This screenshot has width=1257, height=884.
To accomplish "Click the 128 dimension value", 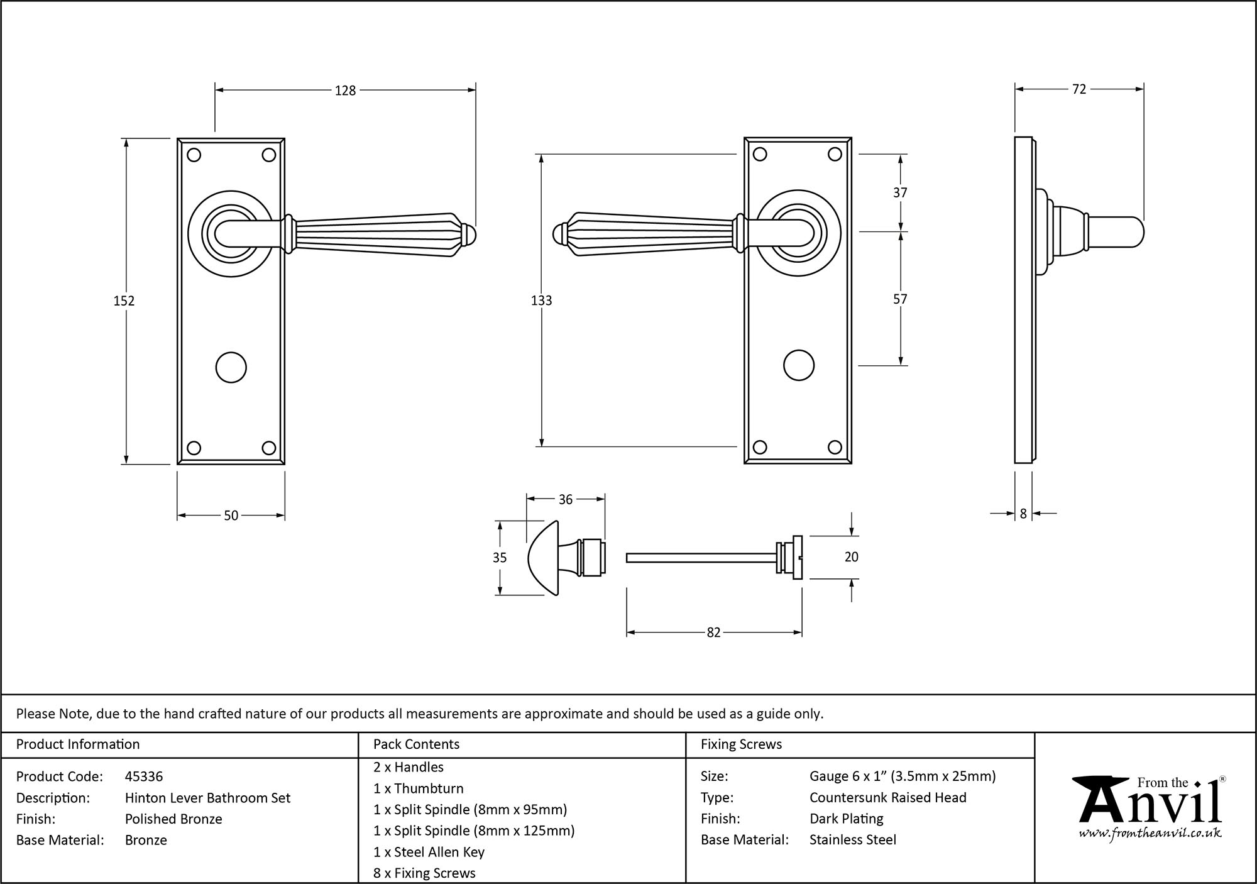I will [x=345, y=91].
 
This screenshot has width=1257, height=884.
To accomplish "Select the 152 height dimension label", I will [x=124, y=301].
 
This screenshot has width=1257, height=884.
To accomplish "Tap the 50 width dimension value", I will [x=231, y=516].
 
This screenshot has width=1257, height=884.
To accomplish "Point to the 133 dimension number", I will [x=541, y=301].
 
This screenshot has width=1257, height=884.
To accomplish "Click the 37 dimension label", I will [x=900, y=193].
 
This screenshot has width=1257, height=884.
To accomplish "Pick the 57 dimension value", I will [x=900, y=299].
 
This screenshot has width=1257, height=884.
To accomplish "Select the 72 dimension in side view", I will [x=1079, y=89].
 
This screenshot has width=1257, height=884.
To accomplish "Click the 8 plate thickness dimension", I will [x=1023, y=514].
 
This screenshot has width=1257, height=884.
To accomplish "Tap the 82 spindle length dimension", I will [x=713, y=633].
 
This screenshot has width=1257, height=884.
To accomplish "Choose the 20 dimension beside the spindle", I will [x=851, y=557].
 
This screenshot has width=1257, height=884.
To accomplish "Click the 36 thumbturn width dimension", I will [x=565, y=499].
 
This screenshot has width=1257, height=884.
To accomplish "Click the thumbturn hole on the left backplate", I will [x=231, y=368].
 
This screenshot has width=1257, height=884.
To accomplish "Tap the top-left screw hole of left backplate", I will [x=194, y=155].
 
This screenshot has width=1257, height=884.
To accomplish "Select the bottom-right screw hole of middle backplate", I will [x=835, y=447].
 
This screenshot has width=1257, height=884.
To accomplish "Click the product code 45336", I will [x=144, y=776].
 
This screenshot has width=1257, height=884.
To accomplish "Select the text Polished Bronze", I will [x=173, y=819].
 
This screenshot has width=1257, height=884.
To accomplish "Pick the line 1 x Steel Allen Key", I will [x=429, y=852].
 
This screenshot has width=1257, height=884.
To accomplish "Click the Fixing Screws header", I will [x=741, y=744].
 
